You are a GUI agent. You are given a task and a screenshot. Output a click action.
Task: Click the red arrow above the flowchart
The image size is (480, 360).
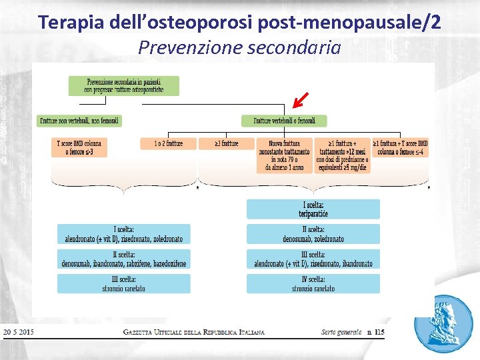point(299,101)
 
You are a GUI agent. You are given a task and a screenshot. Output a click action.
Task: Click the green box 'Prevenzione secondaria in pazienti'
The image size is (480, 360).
point(123,85)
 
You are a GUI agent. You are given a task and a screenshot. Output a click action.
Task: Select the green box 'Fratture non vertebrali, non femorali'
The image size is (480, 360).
point(79,121)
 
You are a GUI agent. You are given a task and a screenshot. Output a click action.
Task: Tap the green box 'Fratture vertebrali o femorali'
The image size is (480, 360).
point(283,121)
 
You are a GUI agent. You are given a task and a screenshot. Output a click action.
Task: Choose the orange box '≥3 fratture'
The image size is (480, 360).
point(227,143)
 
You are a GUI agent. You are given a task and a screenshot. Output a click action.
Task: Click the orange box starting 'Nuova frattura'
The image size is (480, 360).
point(284,156)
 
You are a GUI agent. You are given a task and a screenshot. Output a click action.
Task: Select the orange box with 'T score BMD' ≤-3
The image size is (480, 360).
point(79,148)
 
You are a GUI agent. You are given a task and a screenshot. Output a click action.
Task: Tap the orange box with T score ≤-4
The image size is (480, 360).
point(400,148)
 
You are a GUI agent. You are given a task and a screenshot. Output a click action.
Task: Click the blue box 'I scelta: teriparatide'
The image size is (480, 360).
point(313,209)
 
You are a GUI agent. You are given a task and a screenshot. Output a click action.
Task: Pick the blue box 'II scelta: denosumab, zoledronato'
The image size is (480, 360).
point(313,234)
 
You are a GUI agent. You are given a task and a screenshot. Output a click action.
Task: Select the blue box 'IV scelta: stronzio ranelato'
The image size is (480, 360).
point(313,284)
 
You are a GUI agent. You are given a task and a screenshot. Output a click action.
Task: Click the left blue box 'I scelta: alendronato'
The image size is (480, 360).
point(123,234)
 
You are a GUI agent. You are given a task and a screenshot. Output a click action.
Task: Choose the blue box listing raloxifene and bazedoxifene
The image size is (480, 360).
point(123,259)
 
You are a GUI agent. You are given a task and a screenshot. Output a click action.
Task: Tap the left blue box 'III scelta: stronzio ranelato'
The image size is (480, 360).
point(123,284)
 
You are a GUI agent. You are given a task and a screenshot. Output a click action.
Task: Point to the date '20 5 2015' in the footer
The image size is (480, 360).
point(19,332)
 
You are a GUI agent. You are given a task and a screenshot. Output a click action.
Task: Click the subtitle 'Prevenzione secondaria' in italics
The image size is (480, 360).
point(239,48)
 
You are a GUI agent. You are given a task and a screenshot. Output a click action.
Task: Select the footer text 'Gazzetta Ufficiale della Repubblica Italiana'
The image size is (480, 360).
point(194,332)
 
